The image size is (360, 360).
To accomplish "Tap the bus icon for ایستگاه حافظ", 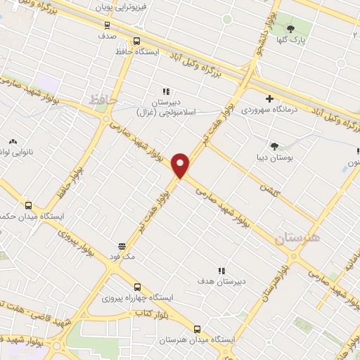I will [137, 41].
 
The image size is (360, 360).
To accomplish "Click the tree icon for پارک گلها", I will [290, 29].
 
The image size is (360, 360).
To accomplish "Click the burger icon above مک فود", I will [122, 247].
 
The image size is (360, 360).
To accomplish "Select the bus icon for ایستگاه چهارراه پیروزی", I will [137, 287].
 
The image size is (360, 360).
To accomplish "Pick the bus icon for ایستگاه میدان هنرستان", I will [197, 328].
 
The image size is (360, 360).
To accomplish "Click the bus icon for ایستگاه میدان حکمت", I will [28, 205].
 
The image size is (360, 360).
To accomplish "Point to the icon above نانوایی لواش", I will [13, 141].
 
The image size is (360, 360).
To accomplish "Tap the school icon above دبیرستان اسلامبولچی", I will [166, 91].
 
